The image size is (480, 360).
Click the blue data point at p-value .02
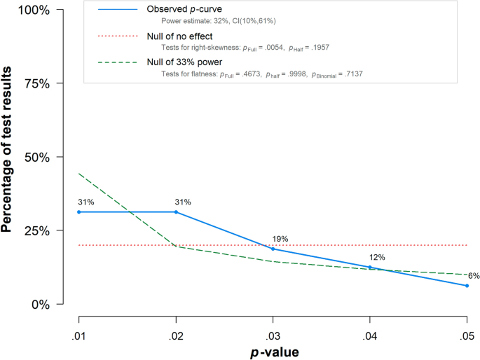(176, 212)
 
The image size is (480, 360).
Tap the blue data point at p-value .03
(273, 249)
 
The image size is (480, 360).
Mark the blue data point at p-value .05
(467, 286)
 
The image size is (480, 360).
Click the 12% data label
(377, 257)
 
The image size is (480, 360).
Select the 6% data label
(473, 275)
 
